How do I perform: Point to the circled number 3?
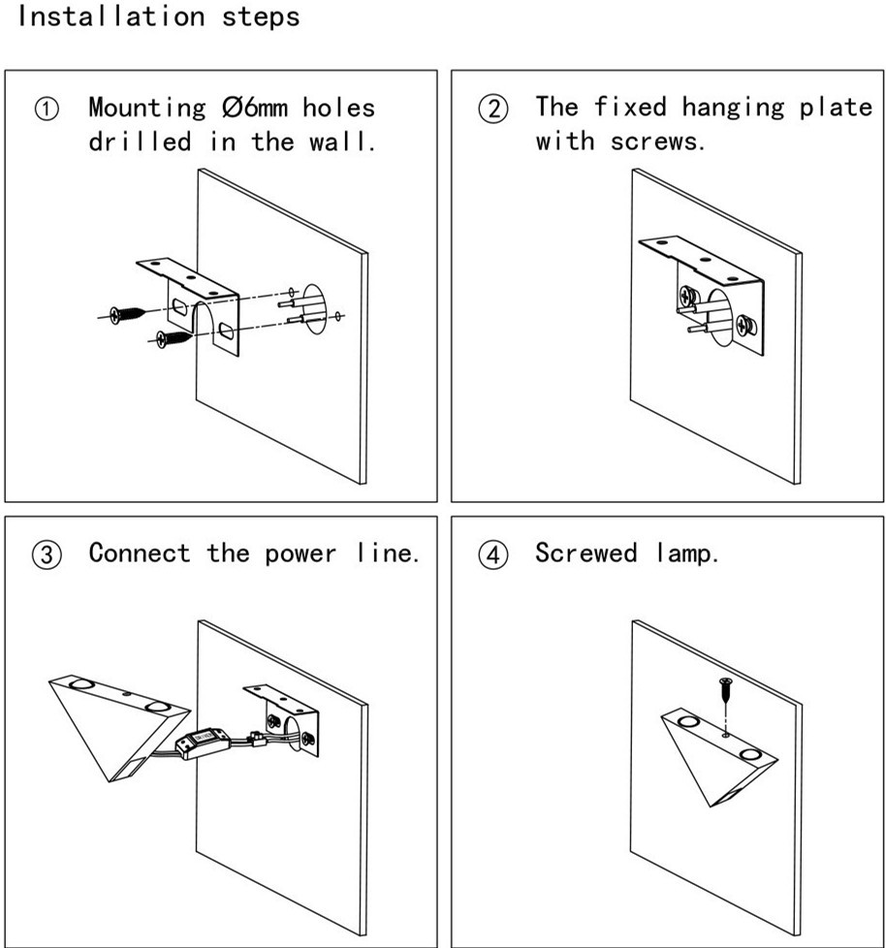coord(47,554)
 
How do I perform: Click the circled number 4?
coord(493,554)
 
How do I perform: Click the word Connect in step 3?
coord(126,553)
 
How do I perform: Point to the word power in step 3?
coord(301,554)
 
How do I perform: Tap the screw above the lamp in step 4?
coord(724,693)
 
